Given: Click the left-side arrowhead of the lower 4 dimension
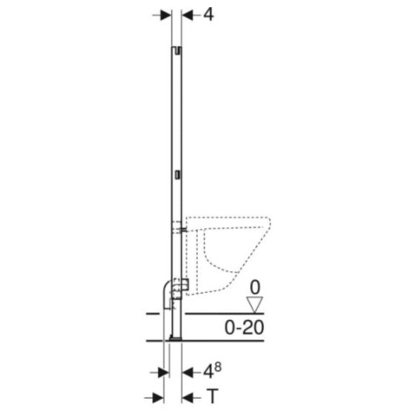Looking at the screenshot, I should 164,372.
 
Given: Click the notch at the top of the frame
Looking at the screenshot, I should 177,52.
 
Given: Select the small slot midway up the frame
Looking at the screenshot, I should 177,173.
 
